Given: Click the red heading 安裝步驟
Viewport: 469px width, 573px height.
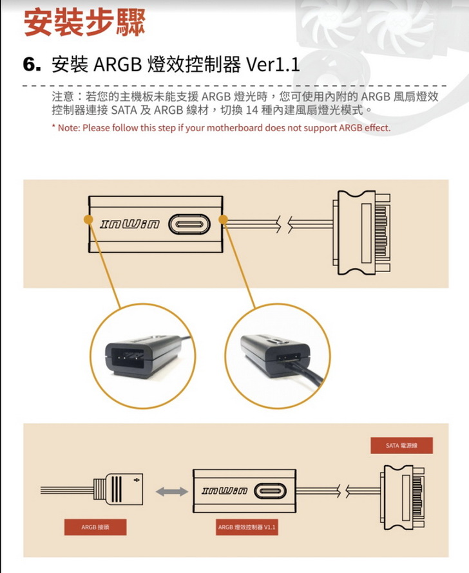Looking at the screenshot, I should tap(84, 22).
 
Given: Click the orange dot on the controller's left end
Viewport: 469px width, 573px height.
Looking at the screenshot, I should tap(86, 219).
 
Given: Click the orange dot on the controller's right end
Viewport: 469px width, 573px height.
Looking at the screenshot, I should tap(224, 220).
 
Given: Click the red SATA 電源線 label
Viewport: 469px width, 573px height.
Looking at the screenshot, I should tap(401, 445).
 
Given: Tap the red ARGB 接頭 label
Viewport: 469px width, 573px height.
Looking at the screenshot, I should tap(95, 527).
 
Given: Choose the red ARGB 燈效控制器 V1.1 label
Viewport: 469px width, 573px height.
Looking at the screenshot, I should tap(247, 527).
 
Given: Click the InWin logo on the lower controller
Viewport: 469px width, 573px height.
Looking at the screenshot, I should tap(225, 492).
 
